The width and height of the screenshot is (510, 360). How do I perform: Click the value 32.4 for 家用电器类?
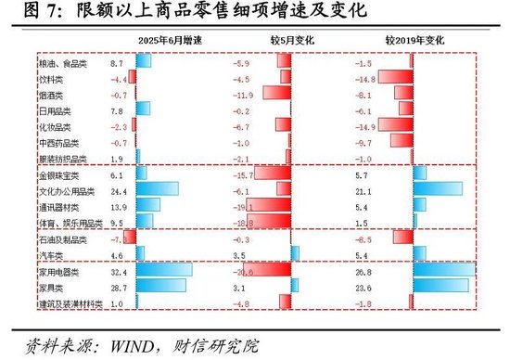(116, 273)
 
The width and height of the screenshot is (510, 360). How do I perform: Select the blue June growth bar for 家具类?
(162, 289)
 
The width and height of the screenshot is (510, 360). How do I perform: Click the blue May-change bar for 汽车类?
(296, 252)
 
